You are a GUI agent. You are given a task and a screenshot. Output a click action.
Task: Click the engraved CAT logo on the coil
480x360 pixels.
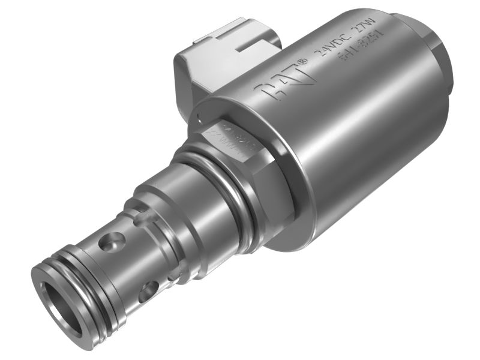[283, 83]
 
